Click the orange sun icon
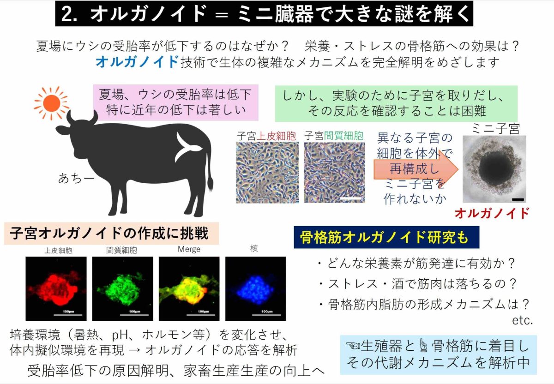51,103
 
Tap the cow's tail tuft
210,184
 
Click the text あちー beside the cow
76,178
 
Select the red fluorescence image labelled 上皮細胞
56,288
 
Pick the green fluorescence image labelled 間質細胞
123,288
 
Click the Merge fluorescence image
189,288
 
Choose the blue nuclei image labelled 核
255,288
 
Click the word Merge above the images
189,249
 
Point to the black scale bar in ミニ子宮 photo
518,199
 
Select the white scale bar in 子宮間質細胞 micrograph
351,198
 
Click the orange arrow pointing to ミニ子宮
416,169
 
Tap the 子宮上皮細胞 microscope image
267,173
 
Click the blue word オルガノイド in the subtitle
137,61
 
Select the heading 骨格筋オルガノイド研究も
384,237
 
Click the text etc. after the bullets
522,321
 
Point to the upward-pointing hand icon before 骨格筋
423,346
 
